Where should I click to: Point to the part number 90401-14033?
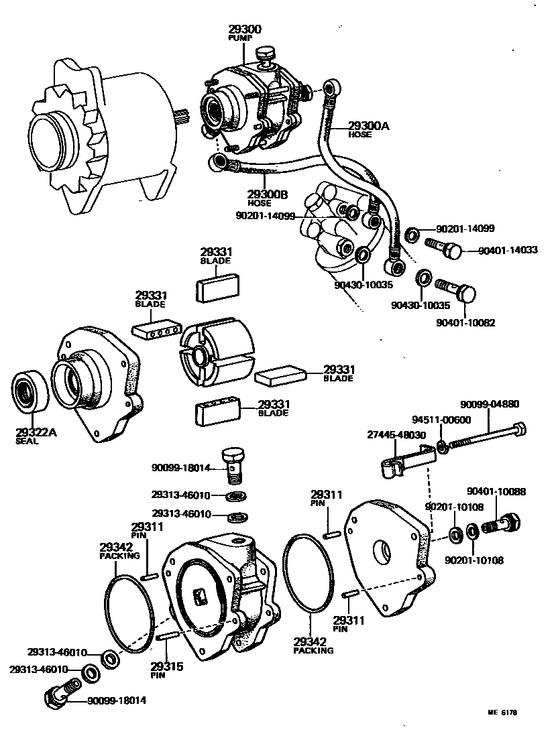pyautogui.click(x=508, y=250)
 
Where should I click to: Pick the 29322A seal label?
pyautogui.click(x=36, y=432)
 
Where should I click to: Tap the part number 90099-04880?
pyautogui.click(x=490, y=404)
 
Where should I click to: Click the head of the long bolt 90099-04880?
pyautogui.click(x=519, y=429)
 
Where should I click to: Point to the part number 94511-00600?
pyautogui.click(x=432, y=420)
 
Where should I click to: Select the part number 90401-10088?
pyautogui.click(x=498, y=491)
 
